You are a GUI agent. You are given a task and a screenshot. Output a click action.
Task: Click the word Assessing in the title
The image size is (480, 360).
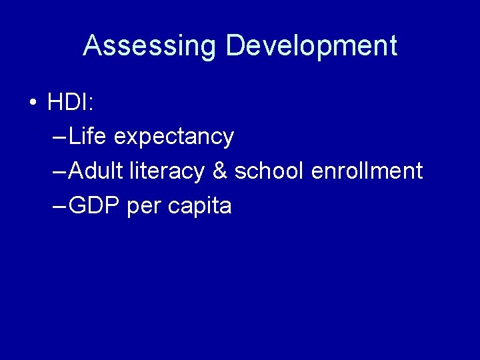tap(150, 46)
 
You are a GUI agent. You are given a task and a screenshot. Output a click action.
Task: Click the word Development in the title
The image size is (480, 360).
tap(311, 46)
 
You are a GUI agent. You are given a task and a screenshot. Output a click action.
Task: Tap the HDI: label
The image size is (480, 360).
tap(71, 103)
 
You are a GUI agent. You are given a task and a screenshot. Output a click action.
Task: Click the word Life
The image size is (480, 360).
tap(88, 137)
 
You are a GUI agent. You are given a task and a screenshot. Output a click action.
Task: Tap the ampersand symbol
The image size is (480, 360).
tap(219, 171)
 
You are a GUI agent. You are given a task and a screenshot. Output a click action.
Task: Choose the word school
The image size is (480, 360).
tap(269, 171)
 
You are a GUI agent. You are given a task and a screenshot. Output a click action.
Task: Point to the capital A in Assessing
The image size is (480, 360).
tap(92, 46)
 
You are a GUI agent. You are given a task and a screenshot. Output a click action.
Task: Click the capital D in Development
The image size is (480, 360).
tap(235, 46)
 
